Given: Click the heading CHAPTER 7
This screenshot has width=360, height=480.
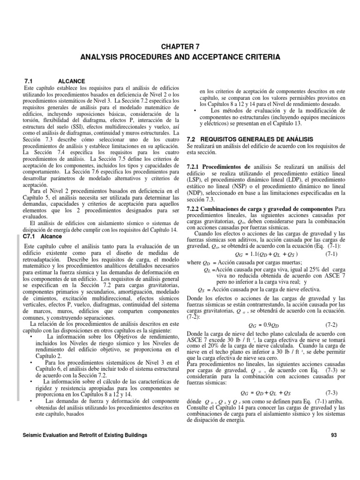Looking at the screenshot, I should (180, 46).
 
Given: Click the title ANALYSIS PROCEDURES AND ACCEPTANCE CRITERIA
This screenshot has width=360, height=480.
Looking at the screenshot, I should (180, 57).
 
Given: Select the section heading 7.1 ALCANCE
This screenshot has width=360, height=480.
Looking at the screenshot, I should (54, 81).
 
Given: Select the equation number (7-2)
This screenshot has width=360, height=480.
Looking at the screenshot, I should (333, 324).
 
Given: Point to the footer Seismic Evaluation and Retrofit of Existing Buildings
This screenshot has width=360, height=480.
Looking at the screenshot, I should (85, 435).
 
